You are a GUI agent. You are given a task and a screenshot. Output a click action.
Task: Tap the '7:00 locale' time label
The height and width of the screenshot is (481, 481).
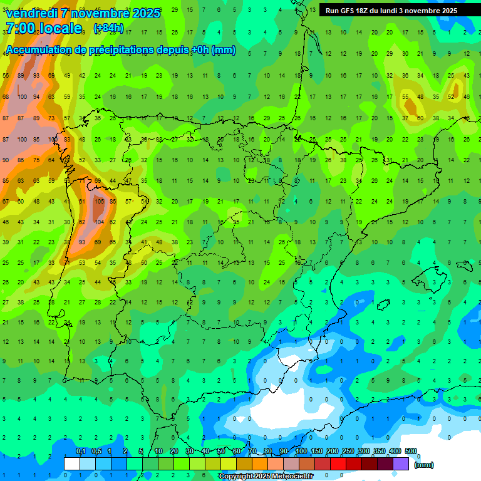pyautogui.click(x=43, y=28)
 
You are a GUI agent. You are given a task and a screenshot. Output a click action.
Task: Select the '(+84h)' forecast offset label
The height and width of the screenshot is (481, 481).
pyautogui.click(x=108, y=28)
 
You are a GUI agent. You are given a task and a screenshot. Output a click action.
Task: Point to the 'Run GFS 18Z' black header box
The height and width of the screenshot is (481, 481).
pyautogui.click(x=391, y=11)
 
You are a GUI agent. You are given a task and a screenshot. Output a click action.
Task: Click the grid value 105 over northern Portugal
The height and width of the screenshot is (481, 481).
pyautogui.click(x=99, y=202)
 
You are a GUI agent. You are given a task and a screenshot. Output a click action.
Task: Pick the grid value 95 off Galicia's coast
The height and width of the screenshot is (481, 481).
pyautogui.click(x=38, y=139)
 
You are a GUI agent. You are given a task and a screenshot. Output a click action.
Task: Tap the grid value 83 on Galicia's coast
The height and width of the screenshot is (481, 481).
pyautogui.click(x=67, y=139)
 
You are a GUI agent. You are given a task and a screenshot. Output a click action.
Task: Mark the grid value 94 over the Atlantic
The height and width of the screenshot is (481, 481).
pyautogui.click(x=37, y=97)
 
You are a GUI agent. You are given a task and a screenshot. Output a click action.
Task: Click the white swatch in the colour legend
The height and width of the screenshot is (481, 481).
pyautogui.click(x=72, y=463)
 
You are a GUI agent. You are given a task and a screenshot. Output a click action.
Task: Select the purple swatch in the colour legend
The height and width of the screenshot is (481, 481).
pyautogui.click(x=401, y=463)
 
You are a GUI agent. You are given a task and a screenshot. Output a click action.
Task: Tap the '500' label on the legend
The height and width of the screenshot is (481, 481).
pyautogui.click(x=411, y=452)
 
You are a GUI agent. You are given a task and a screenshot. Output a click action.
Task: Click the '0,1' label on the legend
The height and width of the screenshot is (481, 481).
pyautogui.click(x=80, y=452)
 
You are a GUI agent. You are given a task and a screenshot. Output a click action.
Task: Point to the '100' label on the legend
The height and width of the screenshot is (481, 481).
pyautogui.click(x=301, y=452)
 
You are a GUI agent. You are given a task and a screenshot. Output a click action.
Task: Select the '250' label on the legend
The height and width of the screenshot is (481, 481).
pyautogui.click(x=348, y=452)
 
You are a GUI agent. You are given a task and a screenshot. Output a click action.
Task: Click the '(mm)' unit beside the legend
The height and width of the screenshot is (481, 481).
pyautogui.click(x=424, y=465)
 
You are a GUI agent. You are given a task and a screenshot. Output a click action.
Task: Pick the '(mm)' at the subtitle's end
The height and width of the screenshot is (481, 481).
pyautogui.click(x=224, y=50)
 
